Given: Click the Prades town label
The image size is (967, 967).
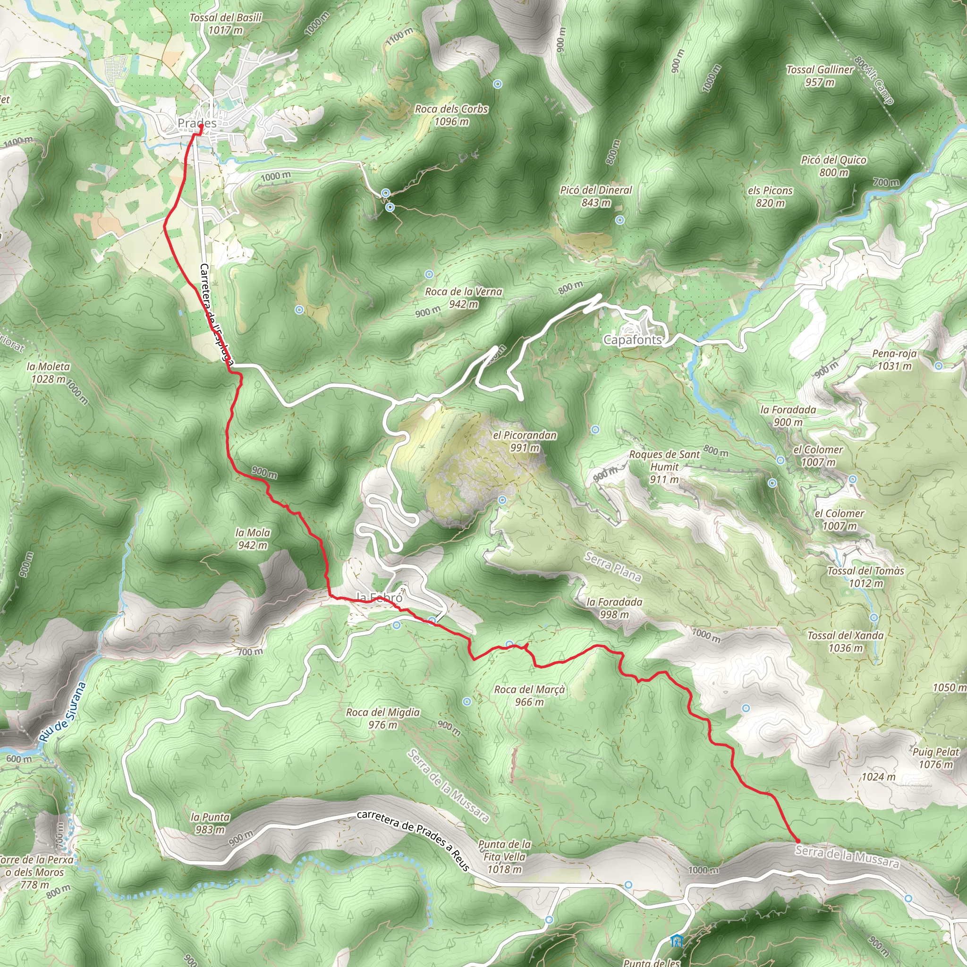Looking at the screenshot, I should pyautogui.click(x=197, y=123).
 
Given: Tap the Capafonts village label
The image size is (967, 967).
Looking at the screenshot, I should pyautogui.click(x=633, y=340).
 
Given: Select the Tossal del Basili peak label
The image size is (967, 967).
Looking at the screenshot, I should pyautogui.click(x=225, y=24).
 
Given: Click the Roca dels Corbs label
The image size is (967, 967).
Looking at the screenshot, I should pyautogui.click(x=451, y=115).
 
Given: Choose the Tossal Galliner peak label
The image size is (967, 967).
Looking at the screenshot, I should pyautogui.click(x=819, y=76).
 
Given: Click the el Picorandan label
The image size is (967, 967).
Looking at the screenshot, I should pyautogui.click(x=525, y=441).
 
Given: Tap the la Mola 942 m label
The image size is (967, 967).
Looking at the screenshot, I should pyautogui.click(x=252, y=539).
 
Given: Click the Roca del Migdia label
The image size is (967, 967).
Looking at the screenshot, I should pyautogui.click(x=383, y=718).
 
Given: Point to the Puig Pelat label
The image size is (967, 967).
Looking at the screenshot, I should pyautogui.click(x=935, y=758).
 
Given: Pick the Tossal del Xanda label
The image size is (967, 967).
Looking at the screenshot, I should pyautogui.click(x=845, y=642).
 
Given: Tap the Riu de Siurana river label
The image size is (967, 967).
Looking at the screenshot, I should pyautogui.click(x=63, y=712).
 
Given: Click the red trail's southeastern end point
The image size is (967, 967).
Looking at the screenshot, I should pyautogui.click(x=797, y=841).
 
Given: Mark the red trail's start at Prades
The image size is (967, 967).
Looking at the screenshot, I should pyautogui.click(x=200, y=127).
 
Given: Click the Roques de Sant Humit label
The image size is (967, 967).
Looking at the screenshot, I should pyautogui.click(x=664, y=467).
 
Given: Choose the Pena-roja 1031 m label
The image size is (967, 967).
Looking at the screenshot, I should pyautogui.click(x=894, y=359).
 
